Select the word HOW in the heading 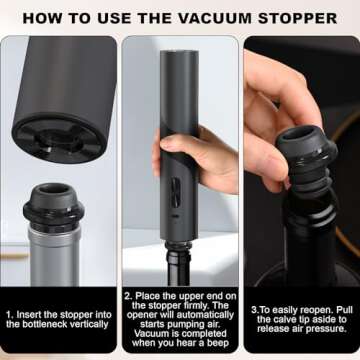pos(43,18)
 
